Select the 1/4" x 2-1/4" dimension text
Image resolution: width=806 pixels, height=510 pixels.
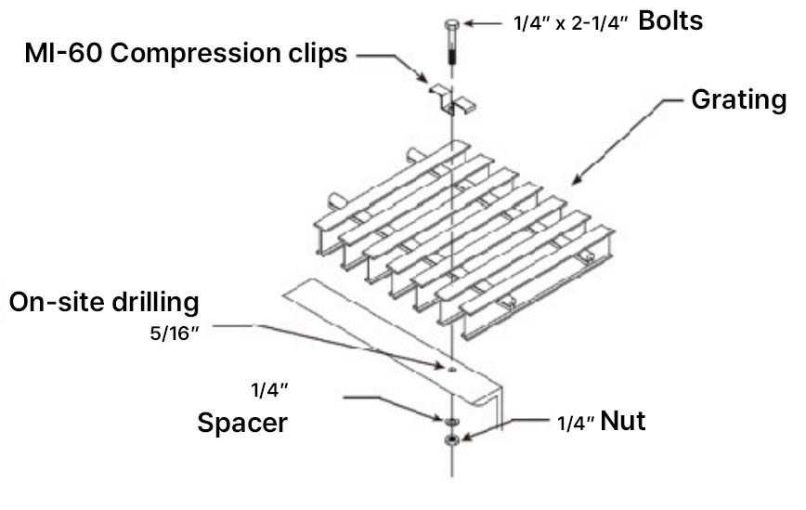pos(569,23)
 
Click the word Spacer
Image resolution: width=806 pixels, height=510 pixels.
pos(242,424)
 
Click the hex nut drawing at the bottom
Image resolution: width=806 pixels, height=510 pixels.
pos(450,438)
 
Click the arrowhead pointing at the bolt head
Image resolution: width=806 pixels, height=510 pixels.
pos(467,22)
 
